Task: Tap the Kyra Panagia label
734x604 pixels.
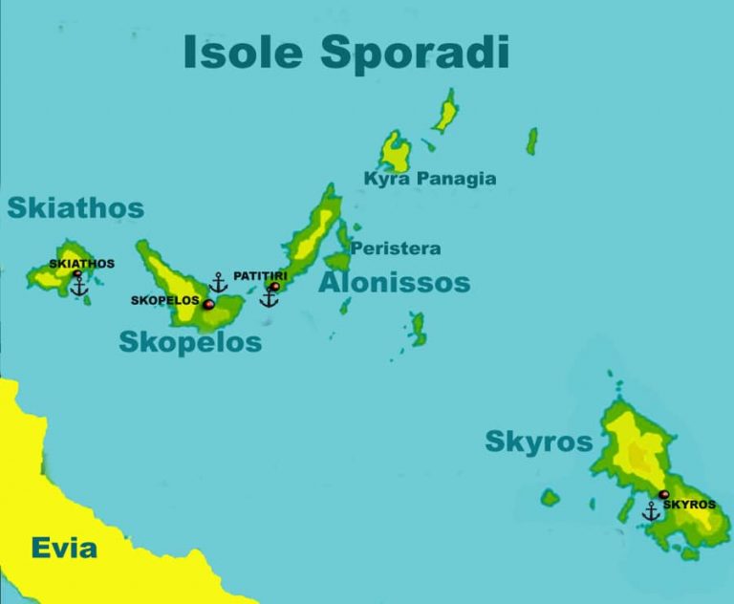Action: click(430, 179)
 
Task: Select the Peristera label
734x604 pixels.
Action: click(396, 248)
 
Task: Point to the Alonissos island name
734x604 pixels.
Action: click(394, 283)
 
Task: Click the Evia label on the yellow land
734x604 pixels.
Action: click(64, 548)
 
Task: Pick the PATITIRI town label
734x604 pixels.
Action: click(260, 276)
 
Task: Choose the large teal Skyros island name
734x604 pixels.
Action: click(539, 442)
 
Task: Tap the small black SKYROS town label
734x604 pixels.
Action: click(689, 505)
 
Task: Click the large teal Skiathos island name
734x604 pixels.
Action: click(76, 208)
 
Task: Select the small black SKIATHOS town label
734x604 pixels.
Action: click(81, 264)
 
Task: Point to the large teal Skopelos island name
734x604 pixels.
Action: click(190, 342)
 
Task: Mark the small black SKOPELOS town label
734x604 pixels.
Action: click(164, 300)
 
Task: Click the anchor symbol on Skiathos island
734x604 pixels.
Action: click(79, 285)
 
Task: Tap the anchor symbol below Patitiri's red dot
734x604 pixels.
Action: click(270, 298)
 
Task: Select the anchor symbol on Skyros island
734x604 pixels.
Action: click(651, 512)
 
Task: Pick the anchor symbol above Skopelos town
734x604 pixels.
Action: click(219, 283)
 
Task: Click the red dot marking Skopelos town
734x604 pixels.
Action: click(208, 304)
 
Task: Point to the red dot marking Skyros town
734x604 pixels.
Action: click(663, 495)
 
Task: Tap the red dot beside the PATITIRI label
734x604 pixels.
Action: click(275, 286)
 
